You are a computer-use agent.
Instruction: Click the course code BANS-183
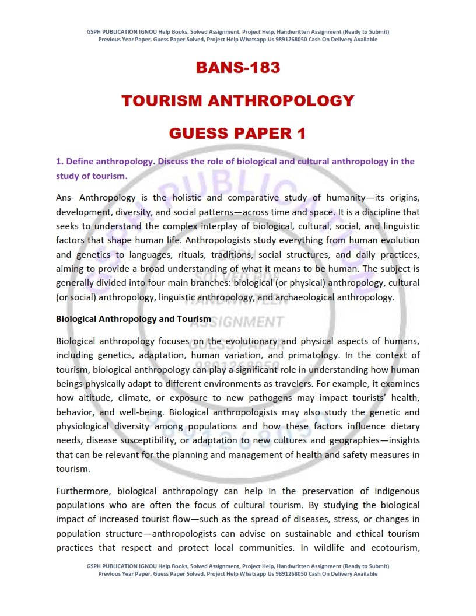click(x=238, y=68)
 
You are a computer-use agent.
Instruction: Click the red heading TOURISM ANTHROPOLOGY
click(x=238, y=101)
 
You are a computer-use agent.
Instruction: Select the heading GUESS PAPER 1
click(x=237, y=134)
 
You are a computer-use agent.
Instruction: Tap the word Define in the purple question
click(x=83, y=162)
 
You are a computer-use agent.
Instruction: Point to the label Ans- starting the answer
click(x=66, y=198)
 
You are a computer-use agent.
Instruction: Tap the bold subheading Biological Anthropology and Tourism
click(x=134, y=319)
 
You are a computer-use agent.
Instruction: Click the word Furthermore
click(x=84, y=491)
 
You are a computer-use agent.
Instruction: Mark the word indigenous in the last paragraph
click(x=395, y=491)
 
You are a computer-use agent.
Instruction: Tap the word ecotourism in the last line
click(x=393, y=548)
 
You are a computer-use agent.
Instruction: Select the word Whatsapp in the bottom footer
click(x=254, y=573)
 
